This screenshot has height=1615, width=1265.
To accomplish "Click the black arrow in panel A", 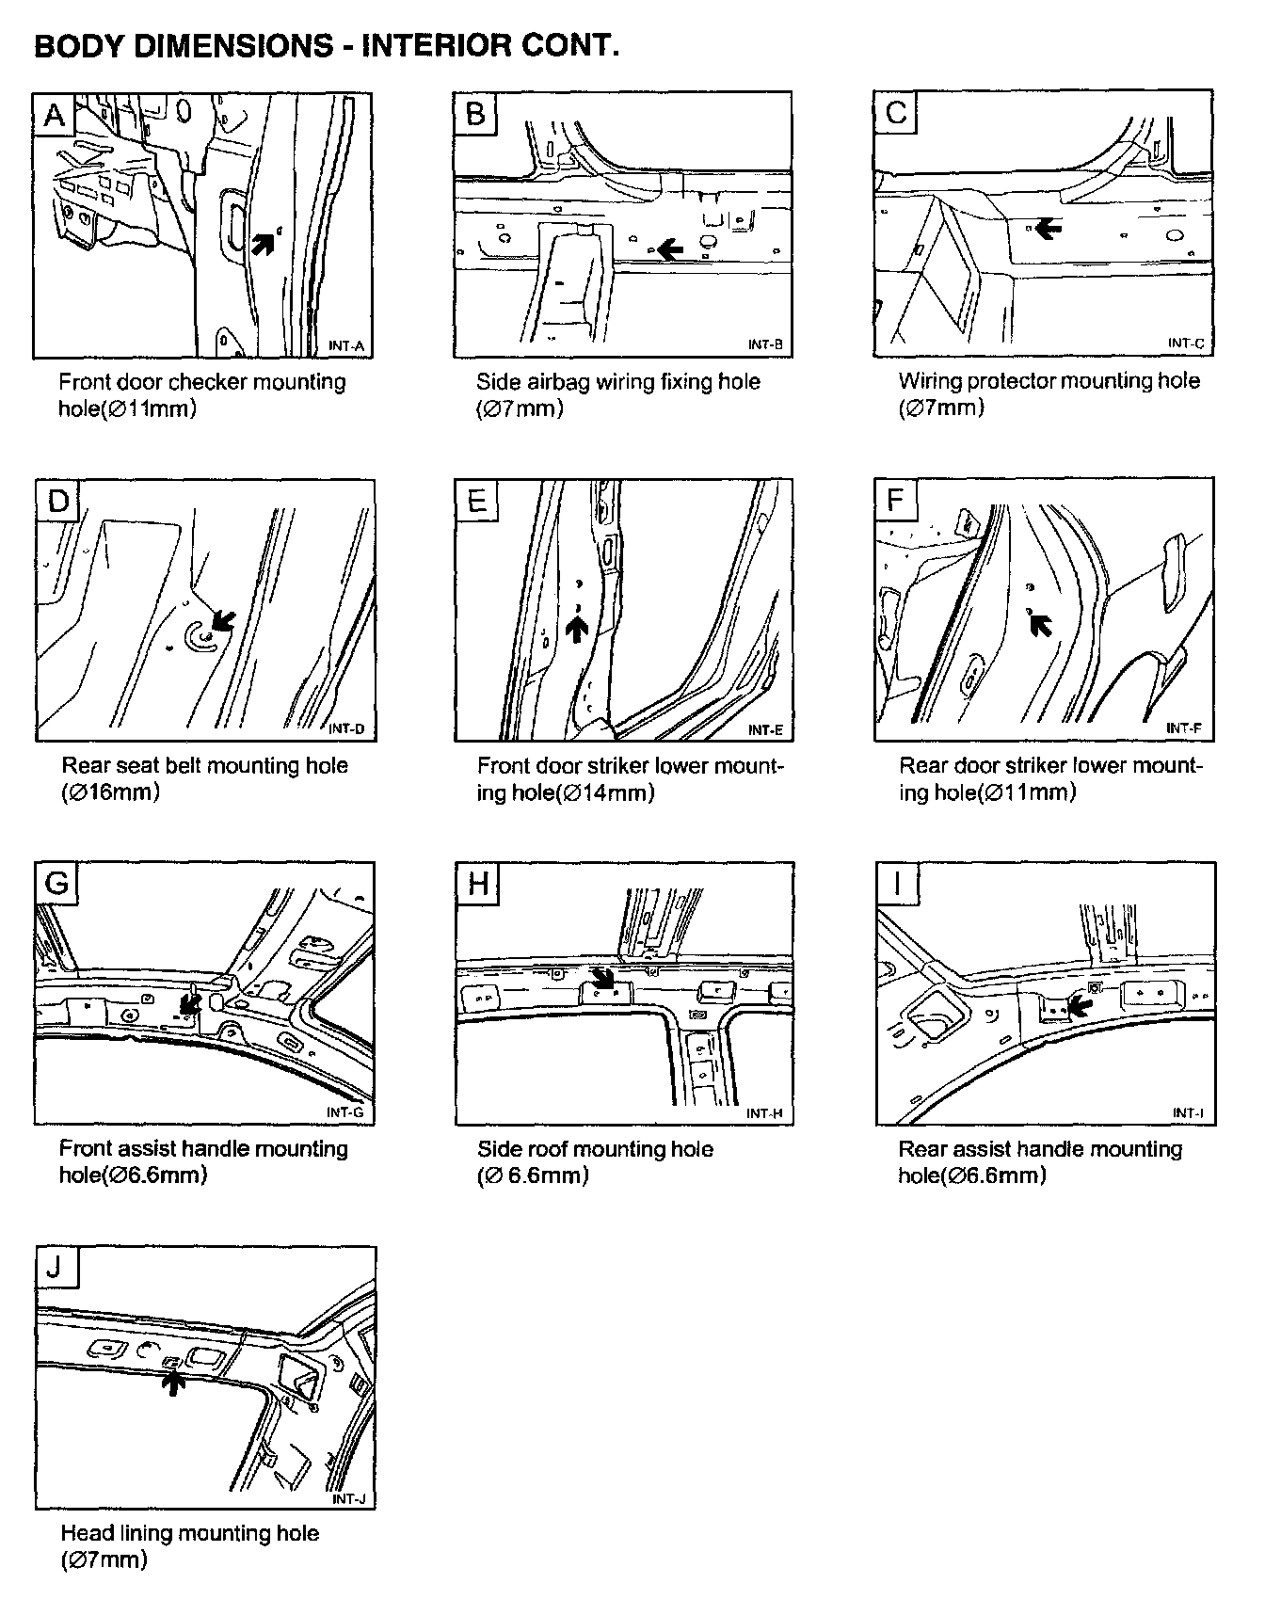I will (x=265, y=243).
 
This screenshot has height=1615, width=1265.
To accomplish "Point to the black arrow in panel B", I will (x=670, y=248).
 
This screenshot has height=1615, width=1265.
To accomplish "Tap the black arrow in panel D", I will (x=222, y=619).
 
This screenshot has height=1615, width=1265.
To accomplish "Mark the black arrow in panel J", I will (x=171, y=1382).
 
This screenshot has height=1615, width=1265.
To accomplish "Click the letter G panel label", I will (x=56, y=884).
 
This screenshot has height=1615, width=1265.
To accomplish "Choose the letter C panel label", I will (x=895, y=114).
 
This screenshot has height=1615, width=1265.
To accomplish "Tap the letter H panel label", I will (x=477, y=884).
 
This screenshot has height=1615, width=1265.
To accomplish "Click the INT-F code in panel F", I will (x=1183, y=728).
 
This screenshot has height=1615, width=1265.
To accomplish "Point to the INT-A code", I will (x=345, y=346).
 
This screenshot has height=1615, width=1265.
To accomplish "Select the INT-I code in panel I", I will (x=1187, y=1113).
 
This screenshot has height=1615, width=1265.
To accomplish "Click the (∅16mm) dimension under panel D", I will (x=110, y=792).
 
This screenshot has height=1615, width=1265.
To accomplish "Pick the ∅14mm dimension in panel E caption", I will (x=608, y=792).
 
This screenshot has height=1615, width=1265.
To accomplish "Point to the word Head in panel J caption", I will (x=84, y=1533).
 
